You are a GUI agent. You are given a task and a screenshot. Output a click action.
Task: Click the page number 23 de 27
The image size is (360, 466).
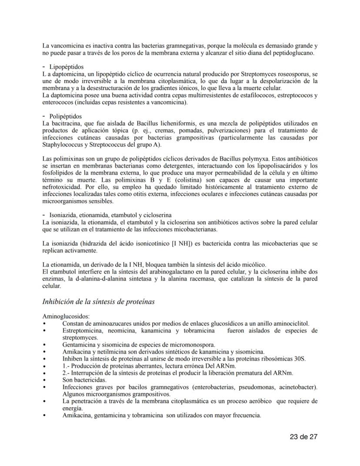[x=304, y=437]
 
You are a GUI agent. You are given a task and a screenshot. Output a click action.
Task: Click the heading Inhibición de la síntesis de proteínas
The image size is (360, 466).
[x=98, y=301]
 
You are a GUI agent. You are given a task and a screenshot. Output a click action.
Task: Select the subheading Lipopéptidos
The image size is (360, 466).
[x=66, y=67]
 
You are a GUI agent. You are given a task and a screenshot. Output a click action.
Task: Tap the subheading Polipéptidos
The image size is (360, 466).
[x=65, y=117]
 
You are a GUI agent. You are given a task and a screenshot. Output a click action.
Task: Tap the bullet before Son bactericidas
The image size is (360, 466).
[x=44, y=380]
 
